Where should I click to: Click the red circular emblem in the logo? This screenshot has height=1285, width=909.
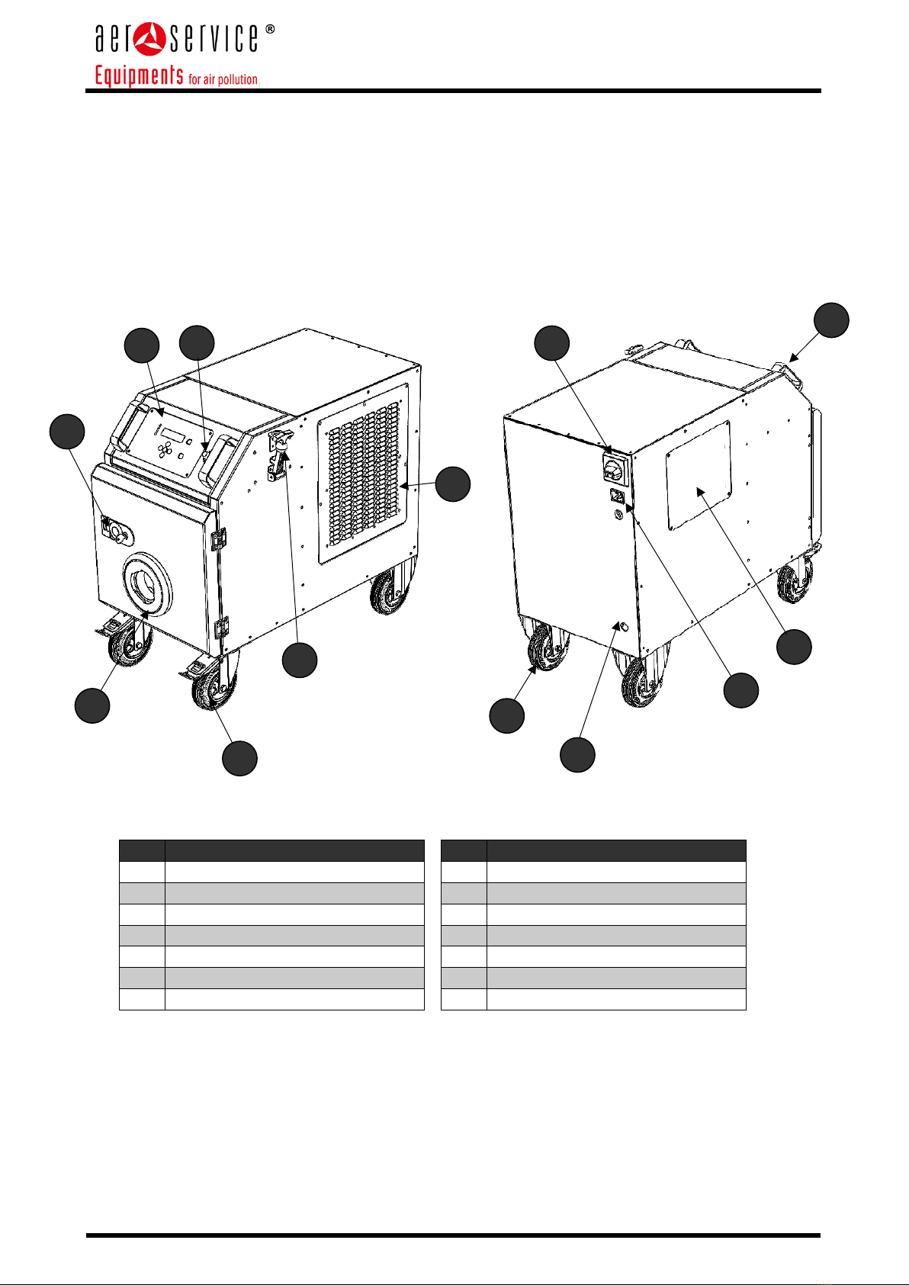[x=150, y=39]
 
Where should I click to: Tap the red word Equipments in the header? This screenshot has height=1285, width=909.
[x=139, y=75]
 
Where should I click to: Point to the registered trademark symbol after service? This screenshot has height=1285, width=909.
[x=269, y=29]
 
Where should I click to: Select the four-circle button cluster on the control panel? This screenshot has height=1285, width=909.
[x=165, y=450]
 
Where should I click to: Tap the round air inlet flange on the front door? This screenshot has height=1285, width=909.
[x=147, y=583]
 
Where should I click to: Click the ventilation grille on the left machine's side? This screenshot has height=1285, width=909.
[x=364, y=474]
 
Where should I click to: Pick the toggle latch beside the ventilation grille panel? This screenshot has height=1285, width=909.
[x=279, y=455]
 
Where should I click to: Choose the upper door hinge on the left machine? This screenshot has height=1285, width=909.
[x=219, y=538]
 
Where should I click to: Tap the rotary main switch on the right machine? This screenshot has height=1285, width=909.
[x=615, y=467]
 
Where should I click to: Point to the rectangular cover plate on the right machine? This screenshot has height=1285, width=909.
[x=699, y=475]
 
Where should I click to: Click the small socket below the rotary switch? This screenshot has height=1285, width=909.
[x=617, y=495]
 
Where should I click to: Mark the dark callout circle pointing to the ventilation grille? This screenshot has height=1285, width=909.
[x=452, y=484]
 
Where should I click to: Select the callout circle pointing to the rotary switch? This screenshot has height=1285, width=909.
[x=551, y=343]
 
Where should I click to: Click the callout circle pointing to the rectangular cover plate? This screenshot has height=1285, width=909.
[x=794, y=647]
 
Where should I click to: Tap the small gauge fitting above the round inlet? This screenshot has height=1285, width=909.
[x=117, y=530]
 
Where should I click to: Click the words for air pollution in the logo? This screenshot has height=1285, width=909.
[x=223, y=79]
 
